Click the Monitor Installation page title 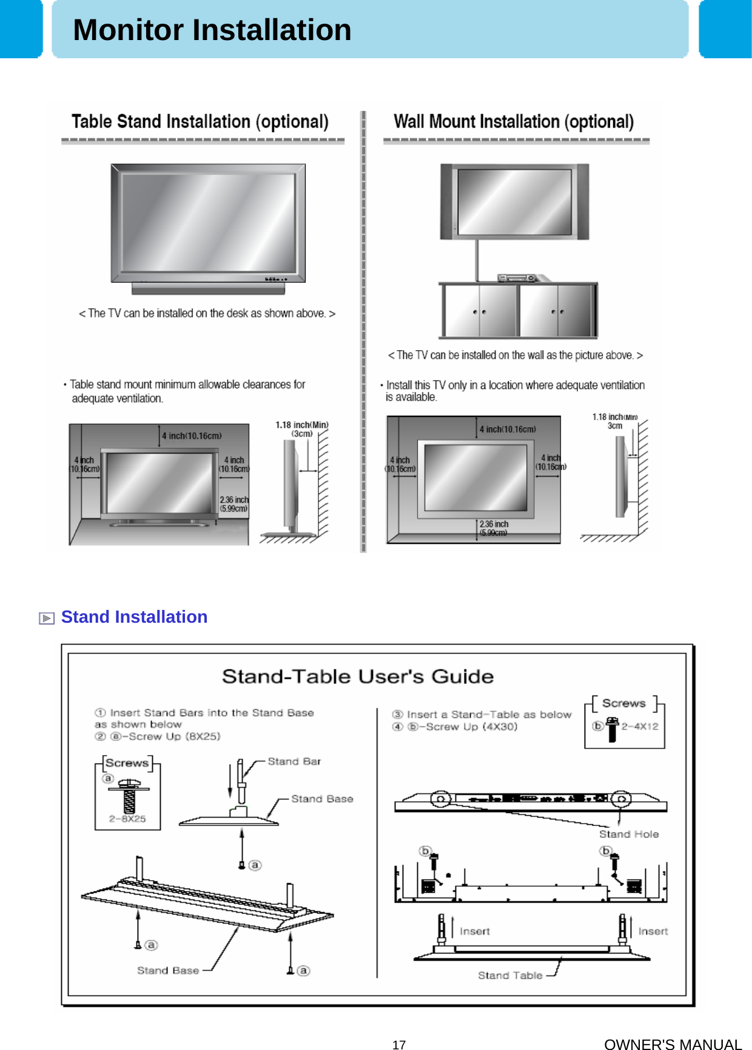tap(212, 30)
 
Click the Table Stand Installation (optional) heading tap(200, 122)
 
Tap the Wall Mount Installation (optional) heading tap(513, 122)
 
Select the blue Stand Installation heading tap(134, 617)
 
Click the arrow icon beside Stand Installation tap(47, 618)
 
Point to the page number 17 tap(398, 1044)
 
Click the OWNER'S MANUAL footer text tap(673, 1044)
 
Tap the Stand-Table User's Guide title tap(357, 676)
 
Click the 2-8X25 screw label tap(127, 818)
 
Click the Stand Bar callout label tap(294, 761)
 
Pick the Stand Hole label tap(628, 834)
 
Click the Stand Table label tap(509, 975)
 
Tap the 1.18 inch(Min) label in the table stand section tap(301, 425)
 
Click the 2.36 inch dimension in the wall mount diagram tap(494, 524)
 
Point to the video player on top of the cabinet tap(517, 278)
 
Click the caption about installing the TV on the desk tap(207, 313)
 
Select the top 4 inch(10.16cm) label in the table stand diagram tap(192, 436)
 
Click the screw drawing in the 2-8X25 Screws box tap(129, 796)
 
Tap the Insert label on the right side tap(653, 931)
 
